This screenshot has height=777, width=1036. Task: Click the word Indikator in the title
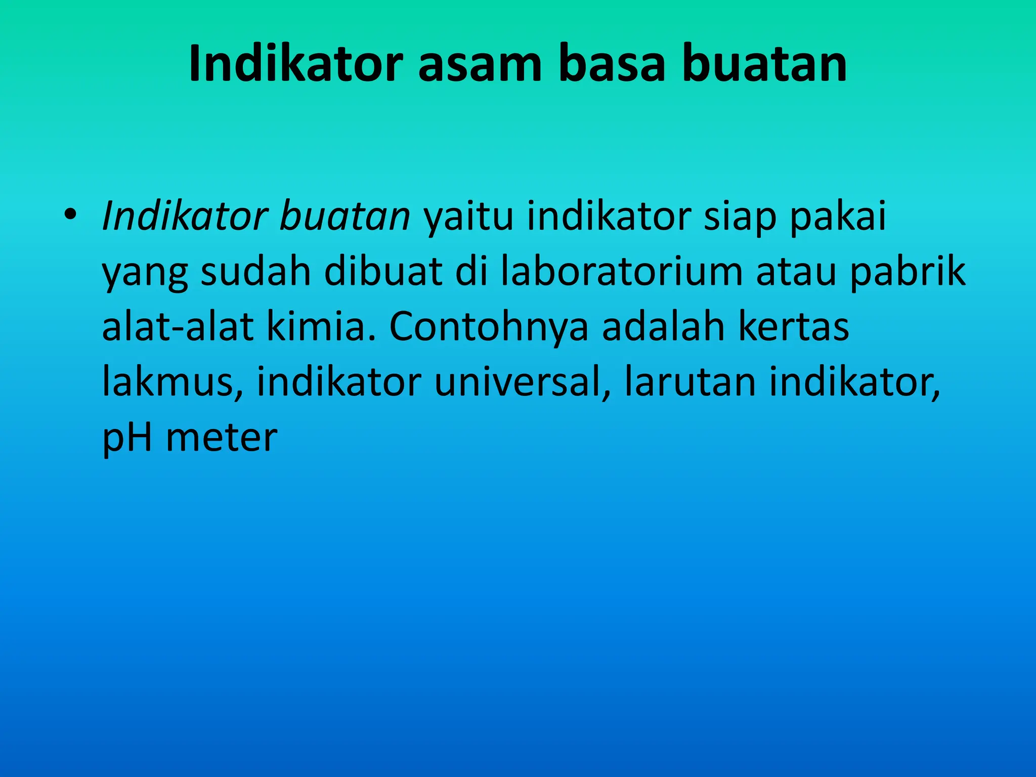pos(295,64)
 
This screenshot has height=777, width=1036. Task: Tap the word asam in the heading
pos(480,64)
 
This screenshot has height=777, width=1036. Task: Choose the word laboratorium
pos(622,272)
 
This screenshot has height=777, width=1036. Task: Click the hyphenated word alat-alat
pos(178,327)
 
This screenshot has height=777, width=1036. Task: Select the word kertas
pos(794,327)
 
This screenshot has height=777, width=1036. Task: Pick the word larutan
pos(690,382)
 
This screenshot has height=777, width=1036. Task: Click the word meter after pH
pos(222,438)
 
